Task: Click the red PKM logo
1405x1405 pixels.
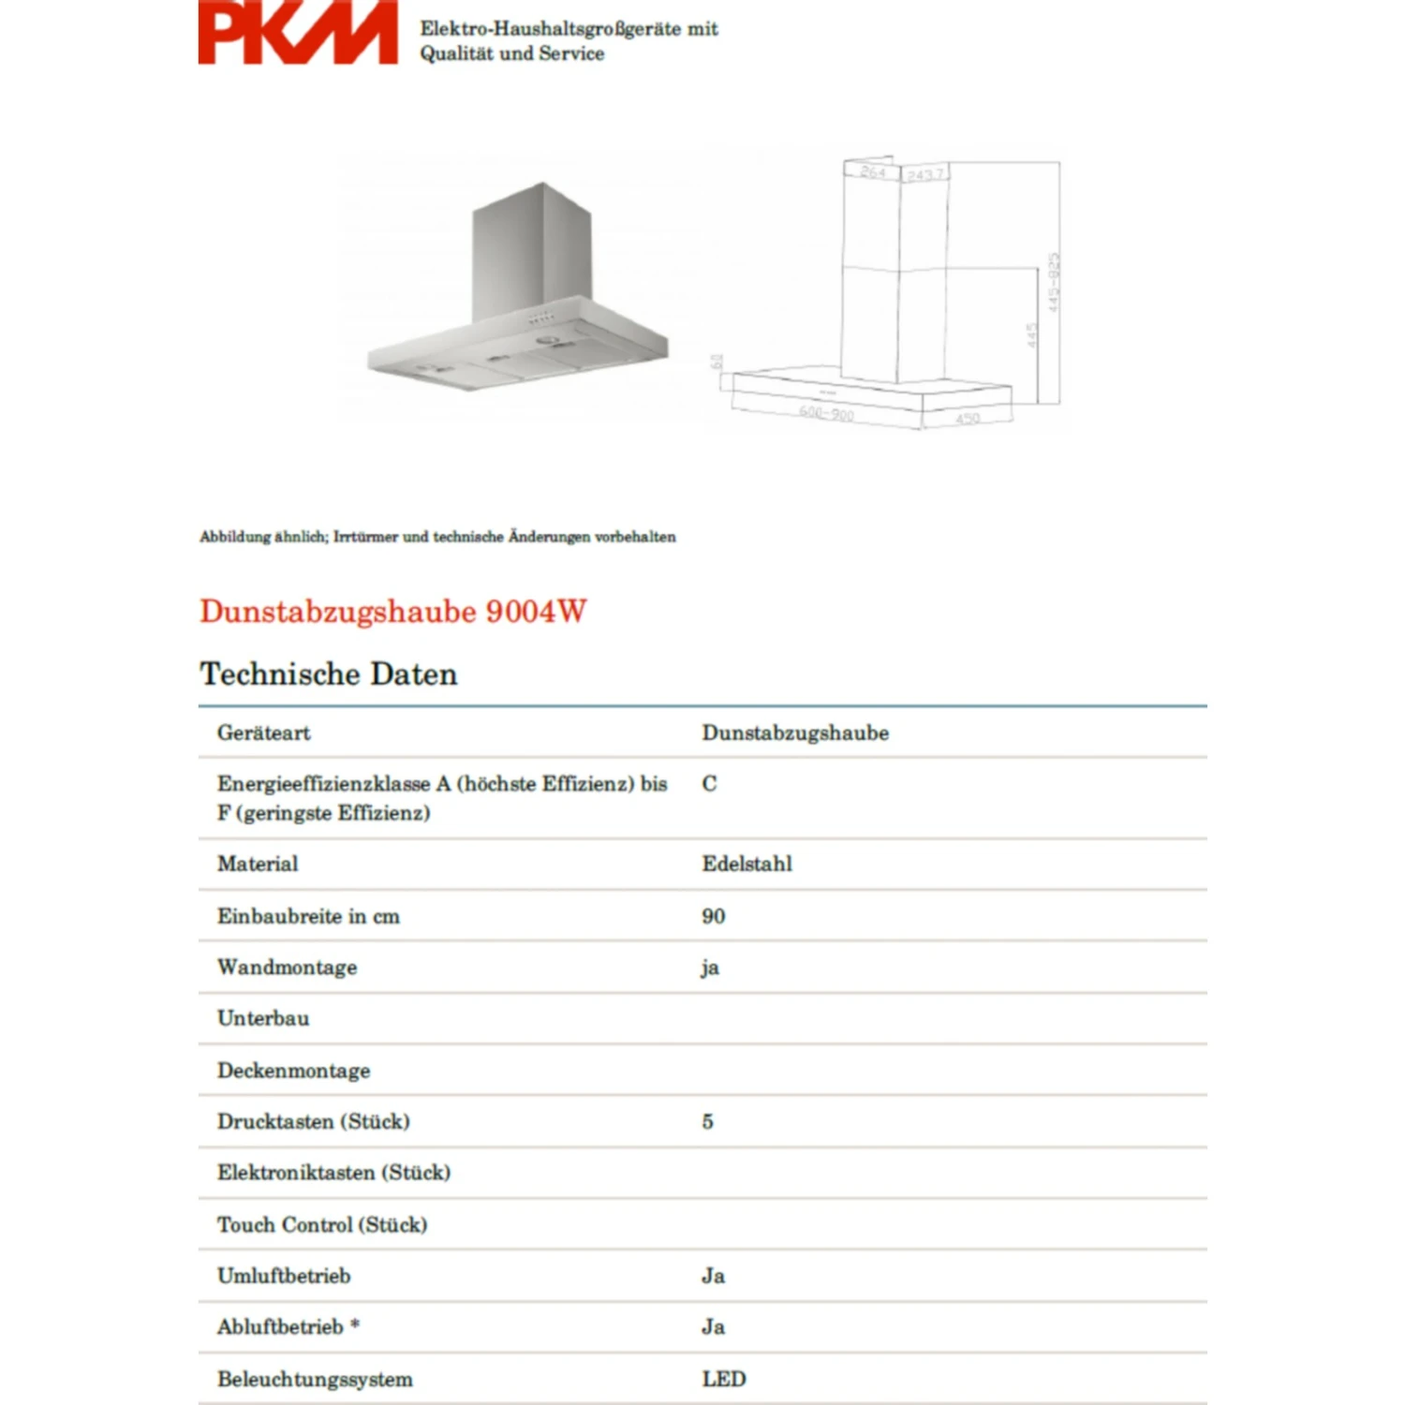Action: pos(297,34)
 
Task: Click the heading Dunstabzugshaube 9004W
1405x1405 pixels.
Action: pos(392,611)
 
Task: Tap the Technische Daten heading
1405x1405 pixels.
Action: pos(328,674)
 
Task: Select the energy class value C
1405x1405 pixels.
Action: pos(709,784)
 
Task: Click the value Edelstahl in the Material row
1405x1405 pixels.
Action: pos(747,864)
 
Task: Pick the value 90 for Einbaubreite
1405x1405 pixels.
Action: pos(713,916)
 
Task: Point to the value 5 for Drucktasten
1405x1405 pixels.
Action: pos(707,1121)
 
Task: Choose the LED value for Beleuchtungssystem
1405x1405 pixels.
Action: pos(723,1379)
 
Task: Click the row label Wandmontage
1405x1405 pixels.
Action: pos(287,968)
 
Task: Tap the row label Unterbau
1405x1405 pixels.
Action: pos(262,1018)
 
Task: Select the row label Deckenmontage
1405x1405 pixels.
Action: pos(293,1071)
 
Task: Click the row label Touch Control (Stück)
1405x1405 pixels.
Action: pos(321,1224)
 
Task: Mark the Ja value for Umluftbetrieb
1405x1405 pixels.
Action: pos(713,1276)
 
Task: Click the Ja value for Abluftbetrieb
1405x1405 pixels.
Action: pos(713,1327)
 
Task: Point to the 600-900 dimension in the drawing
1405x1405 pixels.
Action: pos(825,412)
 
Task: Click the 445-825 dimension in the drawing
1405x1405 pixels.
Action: pos(1054,282)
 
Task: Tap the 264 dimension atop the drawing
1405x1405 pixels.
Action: pos(872,172)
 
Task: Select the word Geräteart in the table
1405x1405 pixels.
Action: pos(263,732)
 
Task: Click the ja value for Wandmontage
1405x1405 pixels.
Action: pos(709,968)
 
